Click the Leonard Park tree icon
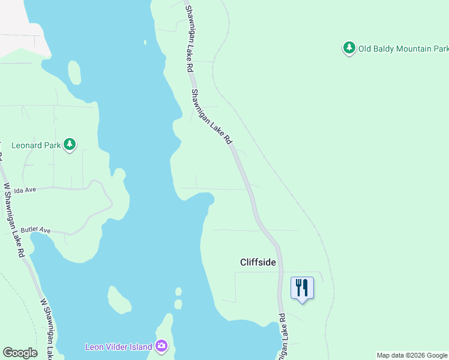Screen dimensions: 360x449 coord(70,145)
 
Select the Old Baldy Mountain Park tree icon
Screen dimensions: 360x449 coord(349,48)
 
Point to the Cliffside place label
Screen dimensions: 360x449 coord(258,262)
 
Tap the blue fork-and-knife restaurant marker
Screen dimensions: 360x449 coord(302,288)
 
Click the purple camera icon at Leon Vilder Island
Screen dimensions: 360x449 coord(161,346)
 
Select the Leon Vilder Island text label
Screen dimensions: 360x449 coord(119,346)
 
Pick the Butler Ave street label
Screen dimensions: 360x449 coord(35,230)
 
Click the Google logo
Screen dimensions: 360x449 coord(20,353)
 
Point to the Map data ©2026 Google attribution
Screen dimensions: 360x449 coord(412,355)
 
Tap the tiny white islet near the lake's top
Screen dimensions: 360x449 coord(145,42)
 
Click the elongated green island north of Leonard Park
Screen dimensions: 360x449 coord(74,73)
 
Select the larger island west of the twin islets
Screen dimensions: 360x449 coord(119,299)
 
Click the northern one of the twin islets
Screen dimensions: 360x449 coord(178,292)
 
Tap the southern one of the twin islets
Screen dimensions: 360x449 coord(178,304)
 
